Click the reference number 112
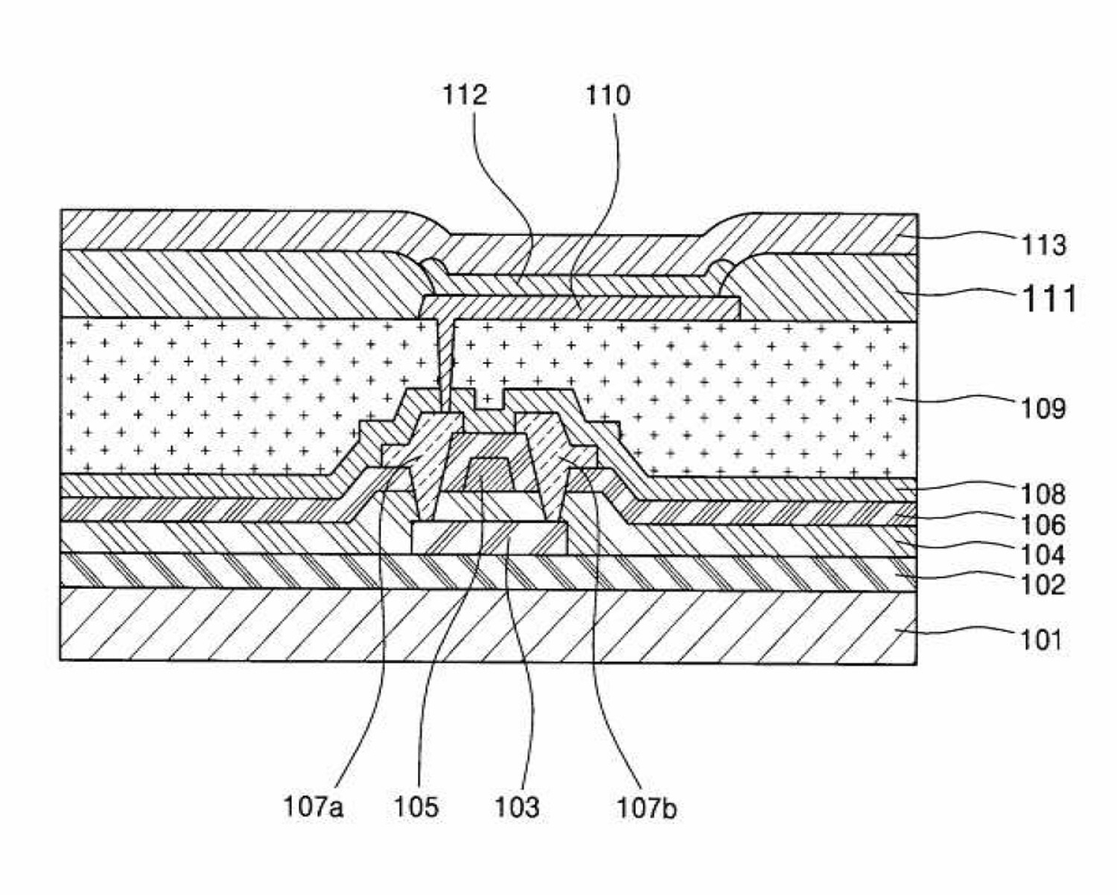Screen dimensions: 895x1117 pos(465,95)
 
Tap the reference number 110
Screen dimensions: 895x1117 pos(608,95)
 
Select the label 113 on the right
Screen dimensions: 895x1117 pos(1043,244)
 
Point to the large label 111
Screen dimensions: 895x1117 pos(1048,298)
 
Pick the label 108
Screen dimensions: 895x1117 pos(1043,493)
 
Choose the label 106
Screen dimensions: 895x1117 pos(1043,524)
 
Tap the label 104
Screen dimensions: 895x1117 pos(1043,555)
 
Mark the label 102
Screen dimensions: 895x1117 pos(1043,585)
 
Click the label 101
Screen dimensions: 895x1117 pos(1040,640)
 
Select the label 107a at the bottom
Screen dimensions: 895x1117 pos(313,806)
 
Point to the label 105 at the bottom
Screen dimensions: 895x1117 pos(416,806)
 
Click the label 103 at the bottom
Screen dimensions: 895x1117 pos(518,806)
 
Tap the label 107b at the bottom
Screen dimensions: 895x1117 pos(647,806)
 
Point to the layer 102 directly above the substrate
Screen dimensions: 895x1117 pos(270,571)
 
